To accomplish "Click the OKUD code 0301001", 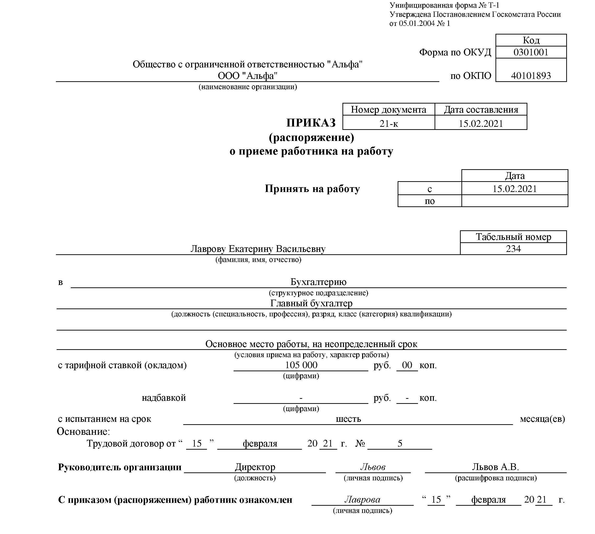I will pos(531,52).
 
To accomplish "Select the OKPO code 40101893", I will pos(531,76).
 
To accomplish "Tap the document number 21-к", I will pos(389,123).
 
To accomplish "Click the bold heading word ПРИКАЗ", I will pos(311,123).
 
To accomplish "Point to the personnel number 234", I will pos(513,249).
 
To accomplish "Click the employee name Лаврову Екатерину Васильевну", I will pos(258,249).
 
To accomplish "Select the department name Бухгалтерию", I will pos(318,282).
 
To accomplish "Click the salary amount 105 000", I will pos(301,365).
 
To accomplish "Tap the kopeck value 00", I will pos(407,365).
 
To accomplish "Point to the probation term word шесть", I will pos(348,419).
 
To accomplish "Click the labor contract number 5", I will pos(400,443).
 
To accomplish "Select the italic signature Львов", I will pos(373,467).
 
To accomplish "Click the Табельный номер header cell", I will pos(513,237).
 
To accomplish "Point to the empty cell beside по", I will pos(515,201).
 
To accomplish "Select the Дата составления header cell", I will pos(481,110).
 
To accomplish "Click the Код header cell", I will pos(531,40).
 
